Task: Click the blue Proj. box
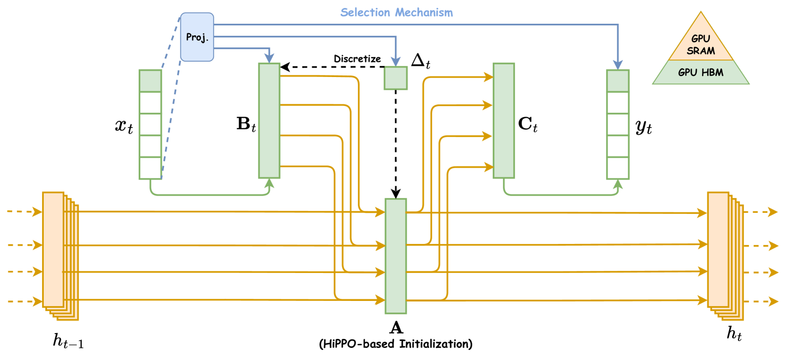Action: tap(197, 37)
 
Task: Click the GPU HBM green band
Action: tap(701, 73)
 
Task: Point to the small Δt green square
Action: tap(395, 78)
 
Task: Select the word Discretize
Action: tap(357, 59)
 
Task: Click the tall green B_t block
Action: tap(269, 120)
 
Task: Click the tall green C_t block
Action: tap(503, 120)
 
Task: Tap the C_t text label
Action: tap(528, 128)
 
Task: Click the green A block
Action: tap(395, 256)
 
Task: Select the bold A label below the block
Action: tap(395, 328)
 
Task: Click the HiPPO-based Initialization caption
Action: tap(395, 344)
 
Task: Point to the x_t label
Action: tap(124, 127)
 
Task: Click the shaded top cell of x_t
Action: tap(150, 81)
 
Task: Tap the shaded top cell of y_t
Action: tap(618, 81)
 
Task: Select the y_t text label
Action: tap(644, 128)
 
